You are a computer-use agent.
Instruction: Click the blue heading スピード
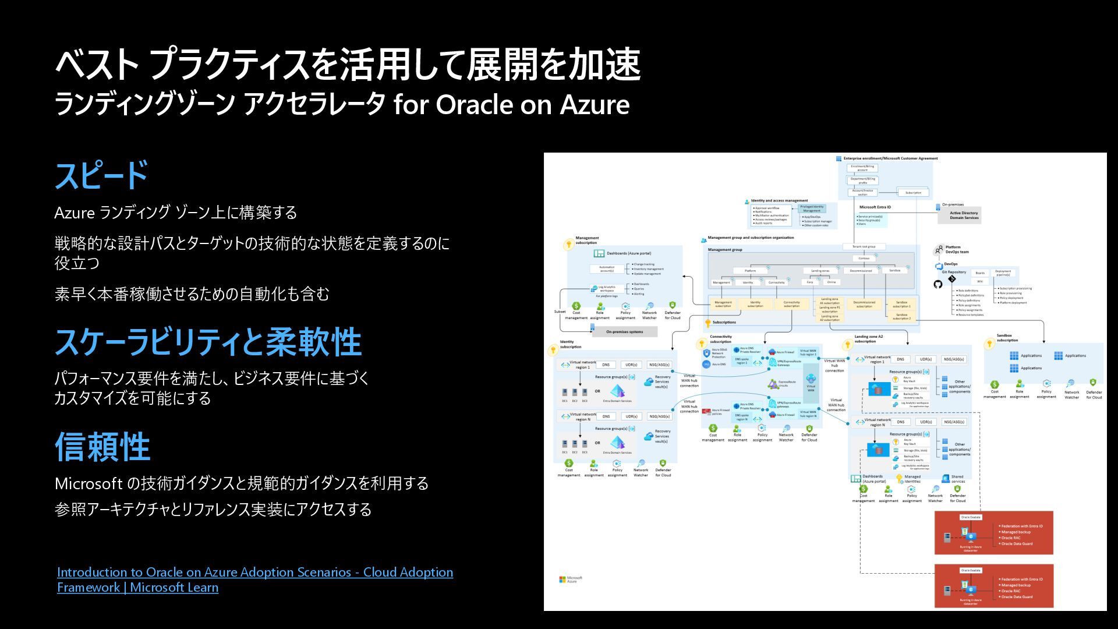pos(101,176)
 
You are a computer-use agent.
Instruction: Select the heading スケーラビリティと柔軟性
pos(208,342)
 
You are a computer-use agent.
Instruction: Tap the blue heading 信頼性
pos(102,447)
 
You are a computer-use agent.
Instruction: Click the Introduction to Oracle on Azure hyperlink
pos(254,579)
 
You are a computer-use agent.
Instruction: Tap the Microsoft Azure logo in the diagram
pos(571,579)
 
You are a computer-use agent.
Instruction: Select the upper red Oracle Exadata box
pos(993,533)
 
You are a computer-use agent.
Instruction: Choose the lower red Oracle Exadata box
pos(993,586)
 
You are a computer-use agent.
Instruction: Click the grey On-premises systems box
pos(624,332)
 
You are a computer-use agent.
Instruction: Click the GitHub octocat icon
pos(937,284)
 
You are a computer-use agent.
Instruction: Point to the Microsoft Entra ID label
pos(875,207)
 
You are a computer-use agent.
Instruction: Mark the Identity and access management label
pos(779,201)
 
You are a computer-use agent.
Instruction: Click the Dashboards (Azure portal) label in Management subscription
pos(628,253)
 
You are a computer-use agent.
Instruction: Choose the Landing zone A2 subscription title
pos(868,339)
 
